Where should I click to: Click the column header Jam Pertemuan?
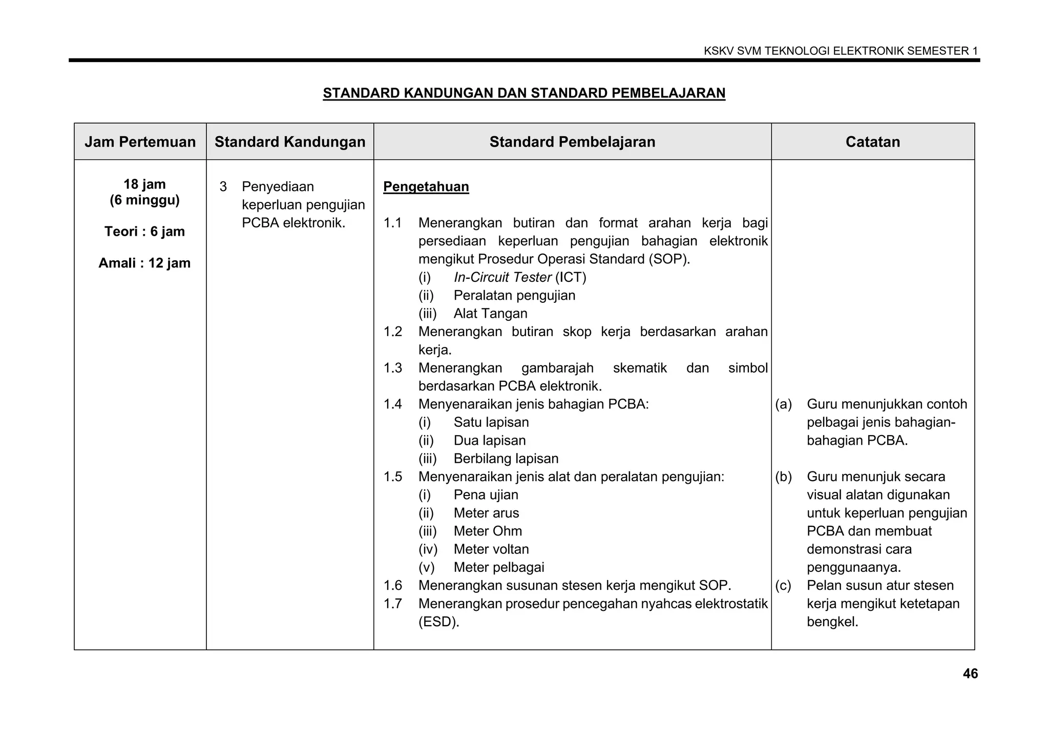pyautogui.click(x=140, y=142)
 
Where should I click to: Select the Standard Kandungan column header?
pyautogui.click(x=290, y=142)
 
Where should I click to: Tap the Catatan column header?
pyautogui.click(x=872, y=142)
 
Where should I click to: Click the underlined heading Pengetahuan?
pyautogui.click(x=426, y=187)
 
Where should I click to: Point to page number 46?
pyautogui.click(x=970, y=673)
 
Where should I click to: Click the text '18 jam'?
pyautogui.click(x=144, y=184)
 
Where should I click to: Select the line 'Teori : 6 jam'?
pyautogui.click(x=144, y=232)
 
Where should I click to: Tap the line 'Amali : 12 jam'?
pyautogui.click(x=144, y=263)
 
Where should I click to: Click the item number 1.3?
pyautogui.click(x=393, y=368)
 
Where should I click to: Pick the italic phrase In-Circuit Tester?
pyautogui.click(x=502, y=277)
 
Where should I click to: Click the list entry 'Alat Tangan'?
pyautogui.click(x=490, y=314)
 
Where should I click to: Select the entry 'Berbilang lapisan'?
pyautogui.click(x=506, y=459)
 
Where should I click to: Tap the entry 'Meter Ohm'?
pyautogui.click(x=488, y=531)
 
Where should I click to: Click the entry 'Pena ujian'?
pyautogui.click(x=486, y=495)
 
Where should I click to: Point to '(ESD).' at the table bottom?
pyautogui.click(x=438, y=622)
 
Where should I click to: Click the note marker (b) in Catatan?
pyautogui.click(x=783, y=477)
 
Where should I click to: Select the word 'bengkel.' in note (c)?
pyautogui.click(x=832, y=622)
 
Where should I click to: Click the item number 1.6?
pyautogui.click(x=393, y=585)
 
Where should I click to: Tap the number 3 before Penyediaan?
pyautogui.click(x=223, y=187)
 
